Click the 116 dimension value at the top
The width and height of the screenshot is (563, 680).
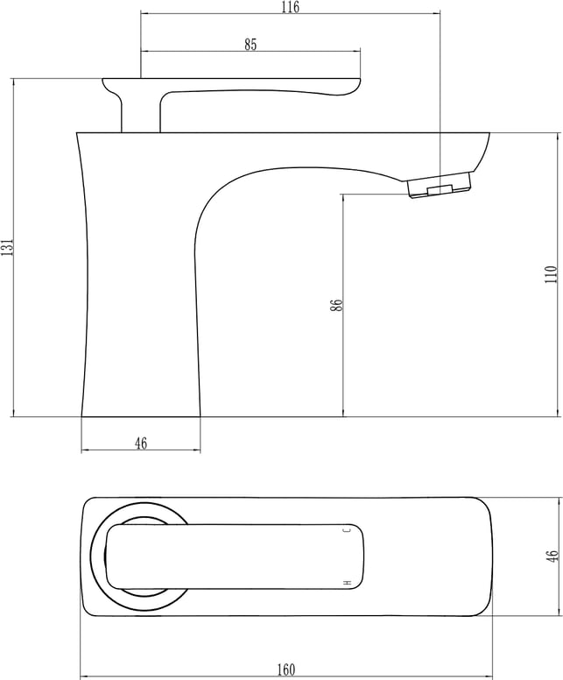[290, 7]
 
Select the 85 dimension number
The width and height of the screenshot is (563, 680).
[250, 44]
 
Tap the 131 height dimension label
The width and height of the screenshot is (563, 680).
[6, 247]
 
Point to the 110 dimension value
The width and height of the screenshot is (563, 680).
[551, 274]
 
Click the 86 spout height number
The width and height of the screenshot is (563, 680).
[336, 305]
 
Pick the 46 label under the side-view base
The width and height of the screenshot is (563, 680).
[141, 443]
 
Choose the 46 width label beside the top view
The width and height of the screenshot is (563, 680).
[552, 556]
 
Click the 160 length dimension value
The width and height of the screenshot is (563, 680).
[286, 669]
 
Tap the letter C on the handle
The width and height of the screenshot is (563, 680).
[347, 529]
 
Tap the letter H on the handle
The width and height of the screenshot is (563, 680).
[347, 583]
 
